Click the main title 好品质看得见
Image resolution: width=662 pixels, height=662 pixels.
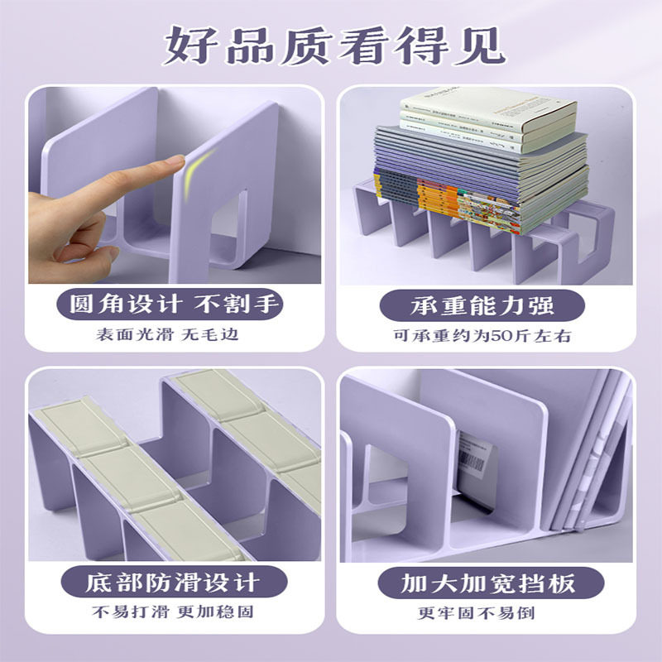[x=331, y=47]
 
